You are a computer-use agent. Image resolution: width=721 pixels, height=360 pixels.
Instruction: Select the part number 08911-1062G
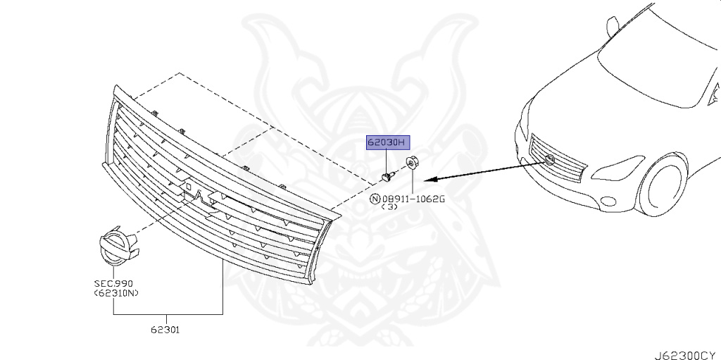[x=413, y=199]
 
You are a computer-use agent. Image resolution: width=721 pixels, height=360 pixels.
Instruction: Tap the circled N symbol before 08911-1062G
[x=375, y=199]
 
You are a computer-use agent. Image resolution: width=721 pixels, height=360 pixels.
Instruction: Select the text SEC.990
[x=114, y=283]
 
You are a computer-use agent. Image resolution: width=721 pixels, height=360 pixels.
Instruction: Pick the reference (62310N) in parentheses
[x=114, y=293]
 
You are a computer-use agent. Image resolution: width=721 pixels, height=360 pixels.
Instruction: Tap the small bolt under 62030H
[x=386, y=175]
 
